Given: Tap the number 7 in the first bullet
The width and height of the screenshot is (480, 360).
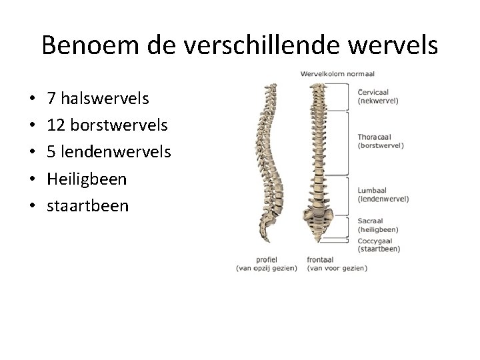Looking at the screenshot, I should pyautogui.click(x=51, y=99).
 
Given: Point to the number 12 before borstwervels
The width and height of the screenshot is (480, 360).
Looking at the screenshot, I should pyautogui.click(x=56, y=125).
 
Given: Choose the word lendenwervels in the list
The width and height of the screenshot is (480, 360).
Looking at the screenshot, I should pyautogui.click(x=115, y=152).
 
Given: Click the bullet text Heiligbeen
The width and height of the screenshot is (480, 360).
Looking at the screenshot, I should pyautogui.click(x=87, y=179).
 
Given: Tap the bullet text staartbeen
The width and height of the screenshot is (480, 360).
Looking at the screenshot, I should pyautogui.click(x=87, y=205).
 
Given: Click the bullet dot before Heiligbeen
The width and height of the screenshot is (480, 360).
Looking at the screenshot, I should pyautogui.click(x=33, y=179).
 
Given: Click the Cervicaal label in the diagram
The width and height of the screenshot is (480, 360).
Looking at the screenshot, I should pyautogui.click(x=373, y=93).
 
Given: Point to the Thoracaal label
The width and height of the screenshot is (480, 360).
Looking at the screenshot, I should pyautogui.click(x=375, y=137).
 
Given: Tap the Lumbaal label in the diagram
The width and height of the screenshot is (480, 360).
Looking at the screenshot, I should pyautogui.click(x=372, y=191).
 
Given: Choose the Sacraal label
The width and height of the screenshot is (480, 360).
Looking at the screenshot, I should pyautogui.click(x=371, y=220).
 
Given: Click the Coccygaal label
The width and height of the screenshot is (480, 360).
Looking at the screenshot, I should pyautogui.click(x=375, y=241).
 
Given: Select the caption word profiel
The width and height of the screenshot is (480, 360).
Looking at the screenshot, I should pyautogui.click(x=266, y=259).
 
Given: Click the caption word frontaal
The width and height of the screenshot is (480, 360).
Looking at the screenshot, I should pyautogui.click(x=321, y=259).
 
